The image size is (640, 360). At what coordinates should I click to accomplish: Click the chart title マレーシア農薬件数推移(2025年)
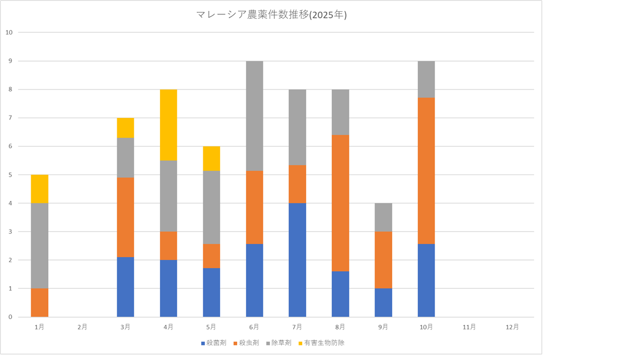pos(271,15)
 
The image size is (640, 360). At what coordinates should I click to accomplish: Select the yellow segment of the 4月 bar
pos(168,125)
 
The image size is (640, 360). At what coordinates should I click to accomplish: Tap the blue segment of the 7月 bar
pos(297,260)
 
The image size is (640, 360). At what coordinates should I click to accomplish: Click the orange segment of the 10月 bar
pos(426,171)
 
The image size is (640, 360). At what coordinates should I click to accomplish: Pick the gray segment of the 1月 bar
pos(39,246)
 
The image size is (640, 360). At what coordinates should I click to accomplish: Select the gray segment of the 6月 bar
pos(254,116)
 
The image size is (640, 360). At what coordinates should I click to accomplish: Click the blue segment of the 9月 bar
pos(383,303)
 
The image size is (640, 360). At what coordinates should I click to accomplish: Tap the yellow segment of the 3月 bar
pos(126,128)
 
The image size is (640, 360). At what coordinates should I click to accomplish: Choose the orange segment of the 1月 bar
pos(39,303)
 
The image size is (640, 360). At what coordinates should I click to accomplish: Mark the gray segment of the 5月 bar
pos(211,207)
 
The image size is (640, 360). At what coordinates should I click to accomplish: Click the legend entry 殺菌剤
pos(213,343)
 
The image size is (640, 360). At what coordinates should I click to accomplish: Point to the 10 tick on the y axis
pos(9,32)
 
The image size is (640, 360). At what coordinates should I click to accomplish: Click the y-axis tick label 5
pos(11,175)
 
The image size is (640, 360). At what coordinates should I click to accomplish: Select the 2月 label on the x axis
pos(82,327)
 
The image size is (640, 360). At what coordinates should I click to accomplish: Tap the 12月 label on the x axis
pos(512,327)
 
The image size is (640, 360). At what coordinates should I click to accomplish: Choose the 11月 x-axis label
pos(469,327)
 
